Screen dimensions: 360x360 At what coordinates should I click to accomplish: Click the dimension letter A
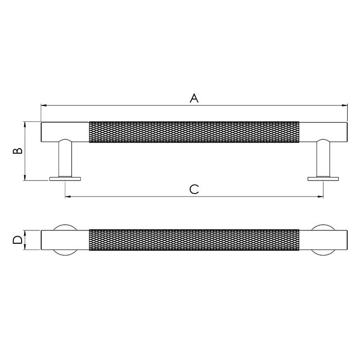click(x=194, y=98)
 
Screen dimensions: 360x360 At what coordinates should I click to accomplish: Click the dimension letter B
click(x=17, y=151)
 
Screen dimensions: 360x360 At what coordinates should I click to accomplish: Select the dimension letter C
click(x=194, y=189)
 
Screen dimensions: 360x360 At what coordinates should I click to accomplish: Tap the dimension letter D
click(x=17, y=240)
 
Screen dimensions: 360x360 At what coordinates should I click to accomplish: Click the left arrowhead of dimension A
click(x=44, y=105)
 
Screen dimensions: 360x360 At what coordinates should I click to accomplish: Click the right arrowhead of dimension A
click(x=344, y=105)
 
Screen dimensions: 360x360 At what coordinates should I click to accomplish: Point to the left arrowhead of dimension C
click(x=68, y=196)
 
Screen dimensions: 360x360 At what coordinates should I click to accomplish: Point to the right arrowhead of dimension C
click(x=320, y=196)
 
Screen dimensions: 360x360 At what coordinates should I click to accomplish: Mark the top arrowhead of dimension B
click(x=25, y=125)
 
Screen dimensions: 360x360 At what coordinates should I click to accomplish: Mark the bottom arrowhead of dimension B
click(x=25, y=177)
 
